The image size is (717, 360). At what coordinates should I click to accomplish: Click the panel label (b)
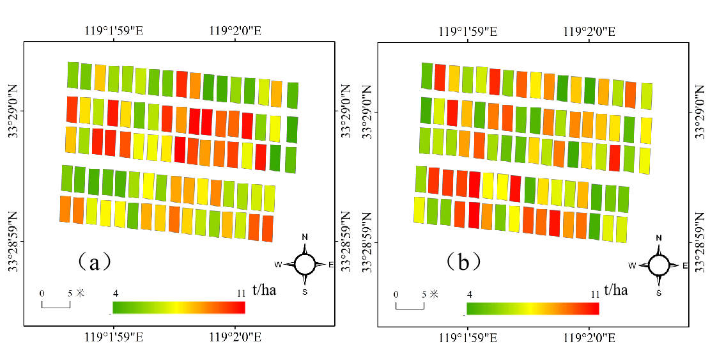[463, 262]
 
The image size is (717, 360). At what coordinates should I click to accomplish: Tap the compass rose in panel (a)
[305, 263]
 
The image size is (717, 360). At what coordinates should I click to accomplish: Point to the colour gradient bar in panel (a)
[179, 308]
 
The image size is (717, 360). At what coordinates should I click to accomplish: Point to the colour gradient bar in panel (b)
[533, 309]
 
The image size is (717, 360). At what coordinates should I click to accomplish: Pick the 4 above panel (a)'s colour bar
[116, 293]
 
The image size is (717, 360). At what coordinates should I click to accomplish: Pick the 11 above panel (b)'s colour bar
[595, 295]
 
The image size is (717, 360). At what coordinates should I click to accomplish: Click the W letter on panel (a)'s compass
[279, 264]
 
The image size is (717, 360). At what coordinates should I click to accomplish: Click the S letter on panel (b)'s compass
[659, 293]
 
